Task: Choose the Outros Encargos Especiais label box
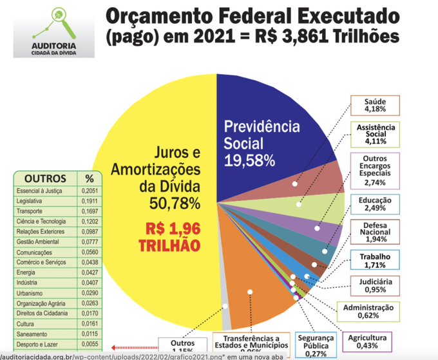coord(376,171)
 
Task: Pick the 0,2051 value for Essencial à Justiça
coord(88,191)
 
